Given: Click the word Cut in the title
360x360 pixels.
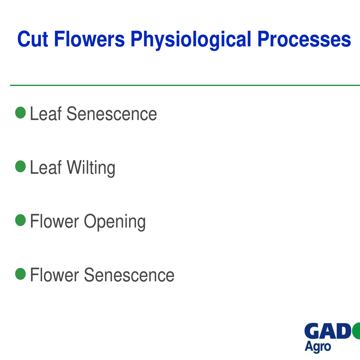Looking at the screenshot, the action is tap(32, 39).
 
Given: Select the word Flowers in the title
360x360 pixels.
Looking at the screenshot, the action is tap(89, 39).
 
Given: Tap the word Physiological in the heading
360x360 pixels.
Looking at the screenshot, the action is tap(191, 40).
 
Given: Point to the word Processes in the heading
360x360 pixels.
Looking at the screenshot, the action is tap(304, 39).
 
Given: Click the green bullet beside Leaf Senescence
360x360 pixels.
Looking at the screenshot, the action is tap(21, 112).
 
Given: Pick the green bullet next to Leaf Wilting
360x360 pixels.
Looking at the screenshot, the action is tap(21, 166).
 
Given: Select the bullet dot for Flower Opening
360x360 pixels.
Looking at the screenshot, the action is tap(21, 220).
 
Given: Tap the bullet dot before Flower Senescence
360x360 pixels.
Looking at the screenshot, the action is tap(21, 274).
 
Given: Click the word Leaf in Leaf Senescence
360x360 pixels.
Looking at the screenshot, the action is tap(46, 113).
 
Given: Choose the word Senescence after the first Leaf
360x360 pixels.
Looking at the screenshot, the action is tap(112, 114).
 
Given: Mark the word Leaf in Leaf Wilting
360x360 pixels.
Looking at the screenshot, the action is tap(46, 167).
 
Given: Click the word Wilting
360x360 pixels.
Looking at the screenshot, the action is tap(91, 169).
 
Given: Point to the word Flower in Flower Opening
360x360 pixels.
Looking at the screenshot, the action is tap(54, 221).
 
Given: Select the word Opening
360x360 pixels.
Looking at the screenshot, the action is tap(115, 222).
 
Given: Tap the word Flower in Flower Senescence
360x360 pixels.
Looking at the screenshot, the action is tap(54, 274).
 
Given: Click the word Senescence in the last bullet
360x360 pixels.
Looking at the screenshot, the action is tap(129, 275).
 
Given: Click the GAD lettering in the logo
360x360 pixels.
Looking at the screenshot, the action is tap(328, 331).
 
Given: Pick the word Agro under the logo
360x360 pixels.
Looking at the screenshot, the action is tap(318, 347).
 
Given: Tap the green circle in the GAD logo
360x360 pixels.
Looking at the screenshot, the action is tap(356, 331).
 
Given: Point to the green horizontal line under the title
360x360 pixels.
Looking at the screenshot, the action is tap(185, 86).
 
